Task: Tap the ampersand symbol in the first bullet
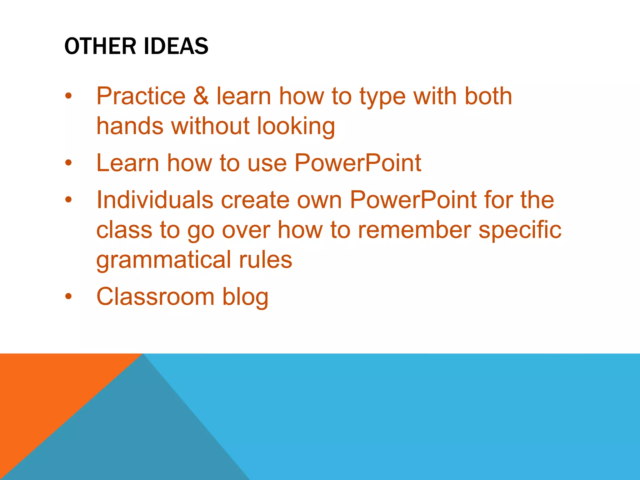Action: [201, 96]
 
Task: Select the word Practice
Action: [141, 96]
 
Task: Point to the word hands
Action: [130, 126]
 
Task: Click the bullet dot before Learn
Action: [68, 163]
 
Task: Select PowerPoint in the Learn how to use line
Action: [357, 163]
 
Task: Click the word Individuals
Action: [155, 200]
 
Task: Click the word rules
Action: [265, 260]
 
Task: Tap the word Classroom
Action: [155, 296]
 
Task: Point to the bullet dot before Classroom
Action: [68, 296]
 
